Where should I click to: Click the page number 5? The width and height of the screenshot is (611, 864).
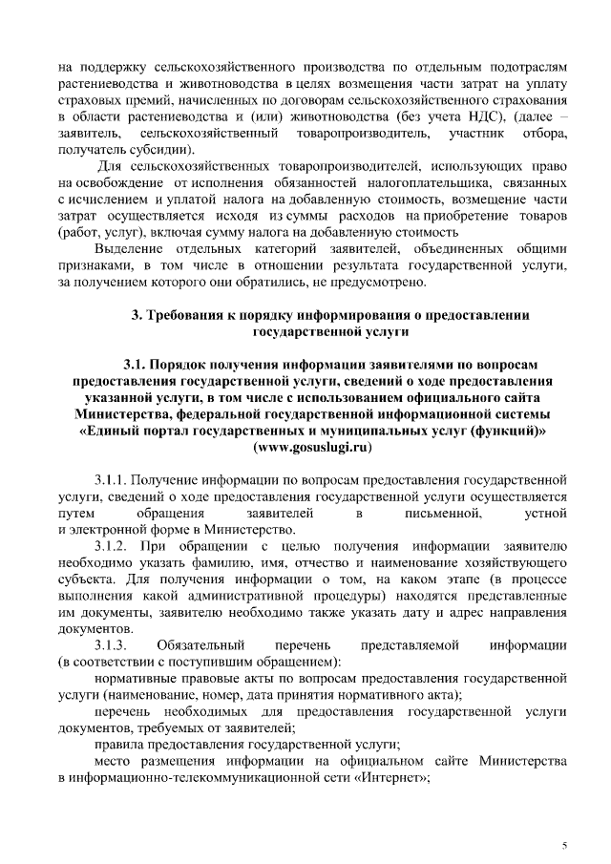coord(563,847)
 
